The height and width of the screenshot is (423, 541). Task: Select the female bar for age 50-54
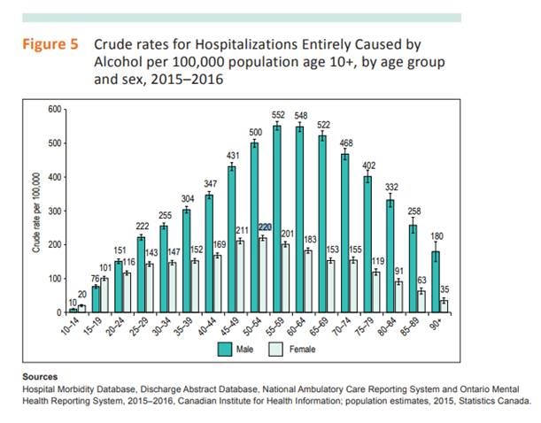point(262,275)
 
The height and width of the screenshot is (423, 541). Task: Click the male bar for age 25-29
point(142,274)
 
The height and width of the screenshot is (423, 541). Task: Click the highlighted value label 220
point(263,227)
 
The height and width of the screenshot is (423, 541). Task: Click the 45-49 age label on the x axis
point(234,327)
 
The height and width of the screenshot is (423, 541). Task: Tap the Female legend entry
point(301,350)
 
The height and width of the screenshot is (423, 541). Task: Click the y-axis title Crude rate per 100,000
point(36,212)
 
